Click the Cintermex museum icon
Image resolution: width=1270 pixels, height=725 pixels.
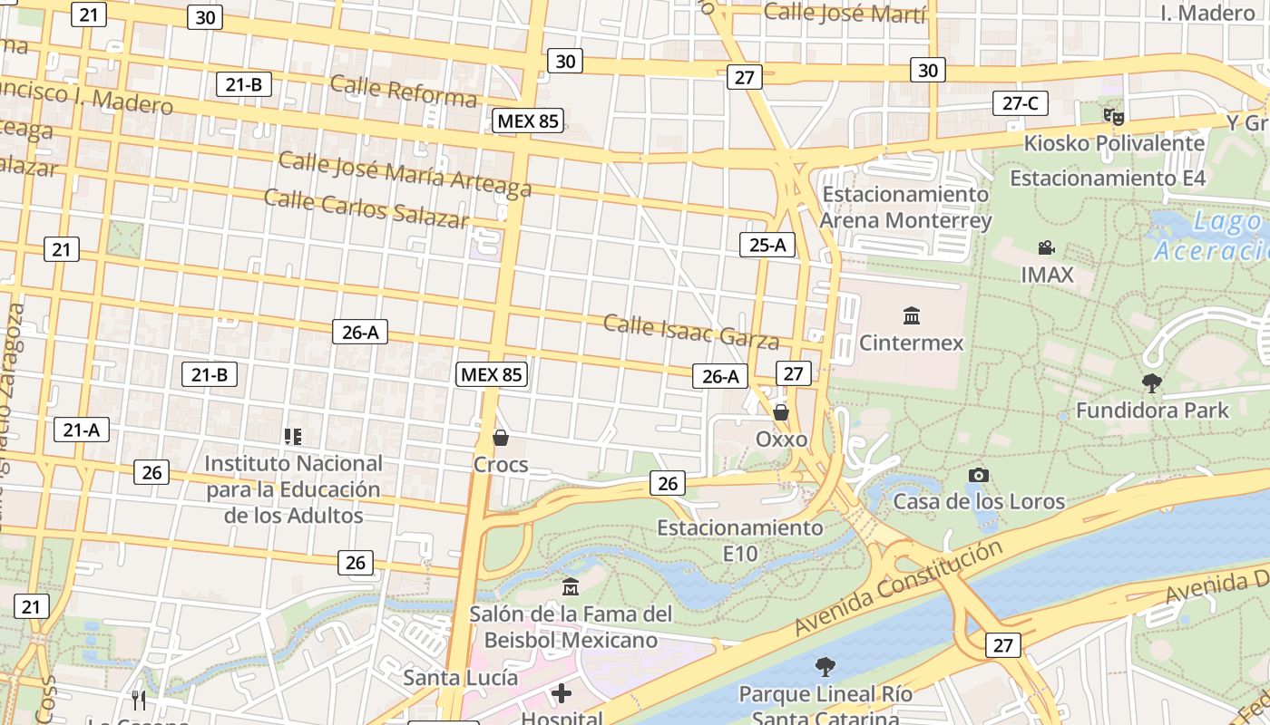912,316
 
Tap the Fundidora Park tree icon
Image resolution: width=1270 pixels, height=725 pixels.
1152,383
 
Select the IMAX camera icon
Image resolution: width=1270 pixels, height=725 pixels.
1047,247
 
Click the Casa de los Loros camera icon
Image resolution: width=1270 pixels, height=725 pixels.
978,475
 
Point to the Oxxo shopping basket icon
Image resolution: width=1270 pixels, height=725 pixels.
781,412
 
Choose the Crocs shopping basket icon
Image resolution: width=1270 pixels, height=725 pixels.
500,439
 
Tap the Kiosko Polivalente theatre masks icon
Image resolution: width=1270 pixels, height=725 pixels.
1113,116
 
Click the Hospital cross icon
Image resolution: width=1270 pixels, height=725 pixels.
562,694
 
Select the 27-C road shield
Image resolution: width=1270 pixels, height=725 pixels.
1020,103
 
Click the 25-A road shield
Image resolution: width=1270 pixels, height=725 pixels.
767,244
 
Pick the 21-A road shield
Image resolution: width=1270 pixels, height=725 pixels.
81,430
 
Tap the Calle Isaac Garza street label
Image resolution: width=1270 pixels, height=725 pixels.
691,332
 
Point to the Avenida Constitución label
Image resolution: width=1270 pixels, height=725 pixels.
898,587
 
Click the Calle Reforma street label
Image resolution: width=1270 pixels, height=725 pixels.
403,91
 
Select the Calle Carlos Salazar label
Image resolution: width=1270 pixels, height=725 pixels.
366,208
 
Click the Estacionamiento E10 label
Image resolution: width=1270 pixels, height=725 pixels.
740,540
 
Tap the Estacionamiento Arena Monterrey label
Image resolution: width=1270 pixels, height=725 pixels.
905,208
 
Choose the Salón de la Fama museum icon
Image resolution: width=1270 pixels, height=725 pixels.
571,587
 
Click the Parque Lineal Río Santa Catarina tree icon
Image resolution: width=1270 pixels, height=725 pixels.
825,668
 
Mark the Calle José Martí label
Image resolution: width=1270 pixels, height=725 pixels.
845,14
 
